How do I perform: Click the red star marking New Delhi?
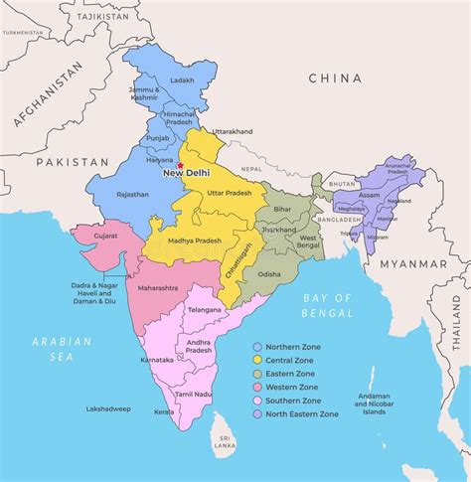(180, 165)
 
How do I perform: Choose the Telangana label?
(204, 309)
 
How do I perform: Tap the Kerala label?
(164, 411)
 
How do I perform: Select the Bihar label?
(282, 210)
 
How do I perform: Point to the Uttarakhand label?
(233, 131)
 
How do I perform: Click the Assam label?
(370, 196)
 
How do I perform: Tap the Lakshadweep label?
(108, 408)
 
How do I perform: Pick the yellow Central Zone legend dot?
(257, 359)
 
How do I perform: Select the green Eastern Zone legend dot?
(257, 373)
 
